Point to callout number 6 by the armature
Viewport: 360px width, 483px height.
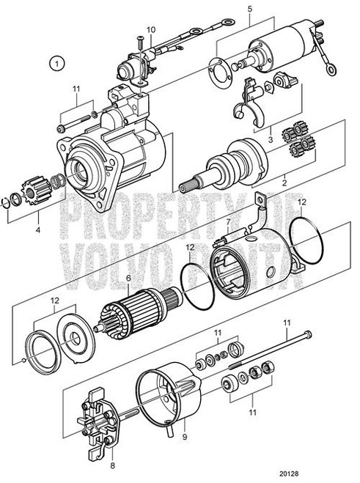129,279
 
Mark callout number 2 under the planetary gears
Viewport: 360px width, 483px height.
285,177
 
